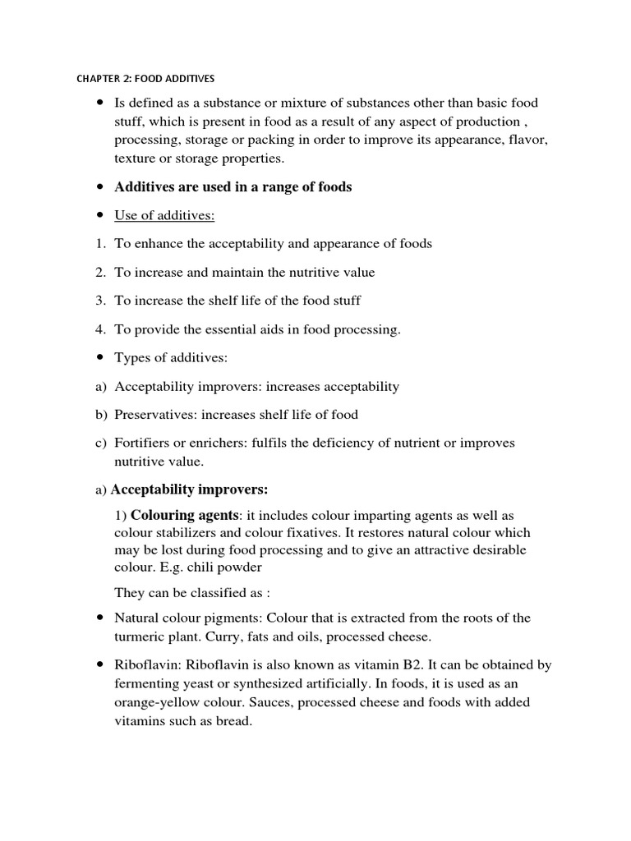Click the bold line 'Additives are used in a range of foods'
[x=233, y=187]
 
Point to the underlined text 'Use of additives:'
[x=164, y=215]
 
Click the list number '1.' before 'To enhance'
[x=100, y=244]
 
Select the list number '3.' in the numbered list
[x=100, y=301]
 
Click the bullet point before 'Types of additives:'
[x=100, y=358]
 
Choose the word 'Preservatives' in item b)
[x=154, y=415]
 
